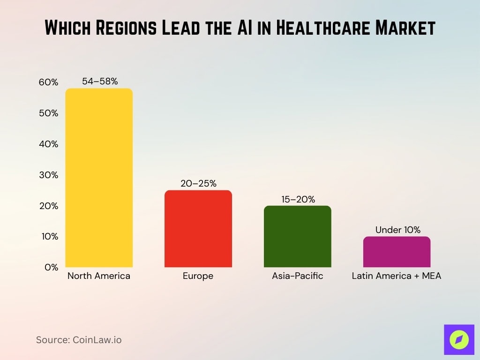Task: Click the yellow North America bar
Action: pos(99,178)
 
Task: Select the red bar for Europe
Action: pos(198,228)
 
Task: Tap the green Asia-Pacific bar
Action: pos(297,236)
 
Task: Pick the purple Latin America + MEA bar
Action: pos(397,252)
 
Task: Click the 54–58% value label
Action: pos(99,82)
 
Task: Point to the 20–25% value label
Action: pos(198,184)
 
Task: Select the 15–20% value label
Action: pos(297,199)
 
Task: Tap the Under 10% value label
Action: pos(397,230)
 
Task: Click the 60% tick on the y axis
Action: pos(48,82)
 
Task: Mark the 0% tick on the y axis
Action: pos(51,267)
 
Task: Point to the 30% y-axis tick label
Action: pos(48,175)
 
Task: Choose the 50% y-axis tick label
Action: pos(48,113)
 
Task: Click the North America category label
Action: pos(99,276)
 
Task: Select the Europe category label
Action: pos(198,276)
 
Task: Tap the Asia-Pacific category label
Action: pos(297,276)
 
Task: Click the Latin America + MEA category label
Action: pos(397,276)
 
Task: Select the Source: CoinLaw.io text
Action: pos(79,340)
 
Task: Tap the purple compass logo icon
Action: pos(459,339)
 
